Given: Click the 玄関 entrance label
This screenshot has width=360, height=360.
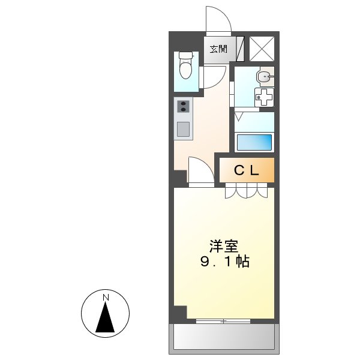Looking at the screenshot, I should click(x=218, y=49).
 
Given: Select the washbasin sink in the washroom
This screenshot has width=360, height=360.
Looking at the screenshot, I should click(x=264, y=76).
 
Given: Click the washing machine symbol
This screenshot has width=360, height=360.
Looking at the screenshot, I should click(x=264, y=97).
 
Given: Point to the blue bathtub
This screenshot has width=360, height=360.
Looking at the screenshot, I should click(x=254, y=142).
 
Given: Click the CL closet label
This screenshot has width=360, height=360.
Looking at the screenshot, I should click(x=246, y=170).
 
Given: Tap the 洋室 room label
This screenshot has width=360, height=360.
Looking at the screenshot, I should click(x=224, y=246).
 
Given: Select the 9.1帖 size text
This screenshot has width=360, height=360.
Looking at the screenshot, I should click(x=225, y=262).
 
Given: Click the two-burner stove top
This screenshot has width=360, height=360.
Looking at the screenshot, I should click(x=183, y=107).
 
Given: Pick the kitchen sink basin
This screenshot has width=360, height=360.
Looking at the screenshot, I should click(x=183, y=128).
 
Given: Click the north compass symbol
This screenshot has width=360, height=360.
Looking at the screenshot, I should click(x=106, y=313).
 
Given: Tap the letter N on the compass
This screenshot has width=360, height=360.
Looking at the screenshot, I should click(x=106, y=298).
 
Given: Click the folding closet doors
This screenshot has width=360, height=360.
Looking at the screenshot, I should click(x=247, y=191).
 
